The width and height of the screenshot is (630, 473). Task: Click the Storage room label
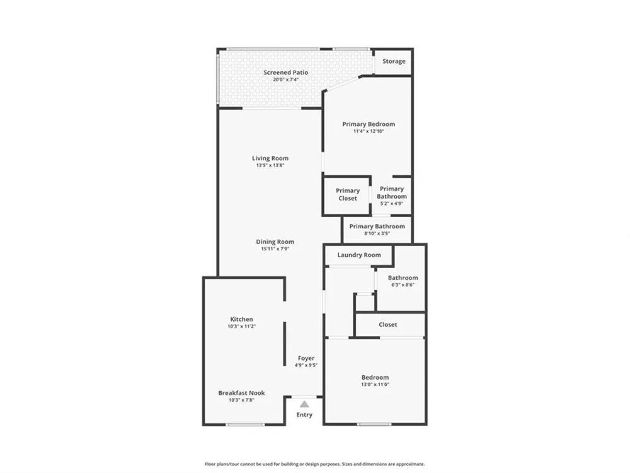click(394, 61)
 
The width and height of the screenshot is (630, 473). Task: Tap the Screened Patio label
click(285, 73)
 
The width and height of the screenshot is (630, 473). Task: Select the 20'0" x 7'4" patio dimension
click(285, 79)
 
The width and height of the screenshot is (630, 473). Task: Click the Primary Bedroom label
click(369, 124)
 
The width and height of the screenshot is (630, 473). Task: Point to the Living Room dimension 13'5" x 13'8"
click(270, 165)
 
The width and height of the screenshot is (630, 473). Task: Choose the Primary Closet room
click(348, 195)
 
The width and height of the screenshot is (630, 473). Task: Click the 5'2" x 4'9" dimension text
click(392, 204)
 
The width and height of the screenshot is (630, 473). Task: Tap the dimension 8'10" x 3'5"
click(377, 233)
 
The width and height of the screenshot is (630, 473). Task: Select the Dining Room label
click(275, 242)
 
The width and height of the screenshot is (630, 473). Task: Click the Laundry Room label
click(359, 255)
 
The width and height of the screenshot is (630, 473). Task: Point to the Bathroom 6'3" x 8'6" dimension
click(403, 285)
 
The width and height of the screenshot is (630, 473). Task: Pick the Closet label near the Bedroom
click(387, 325)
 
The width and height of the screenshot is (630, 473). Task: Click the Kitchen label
click(241, 319)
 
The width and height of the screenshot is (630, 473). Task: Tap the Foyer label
click(306, 358)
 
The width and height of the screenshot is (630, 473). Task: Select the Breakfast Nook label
click(241, 393)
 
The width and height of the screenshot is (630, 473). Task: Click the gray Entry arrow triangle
click(304, 404)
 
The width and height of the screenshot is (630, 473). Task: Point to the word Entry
click(304, 415)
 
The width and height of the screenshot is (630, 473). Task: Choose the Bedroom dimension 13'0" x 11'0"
click(375, 385)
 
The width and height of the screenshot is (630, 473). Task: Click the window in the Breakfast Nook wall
click(244, 424)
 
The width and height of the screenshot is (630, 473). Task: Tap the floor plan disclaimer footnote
click(314, 464)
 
